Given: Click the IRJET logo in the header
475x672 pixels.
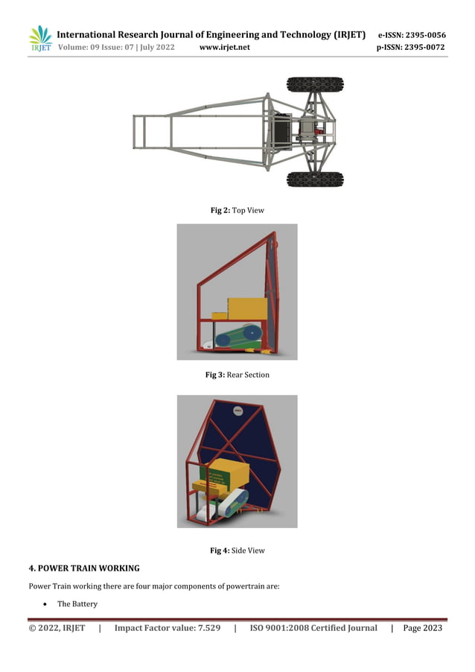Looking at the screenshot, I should pyautogui.click(x=40, y=39).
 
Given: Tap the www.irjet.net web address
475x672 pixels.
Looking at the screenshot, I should pyautogui.click(x=225, y=48).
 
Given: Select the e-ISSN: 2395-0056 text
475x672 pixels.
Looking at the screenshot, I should pyautogui.click(x=412, y=35).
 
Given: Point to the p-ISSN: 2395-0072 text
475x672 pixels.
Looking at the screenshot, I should pyautogui.click(x=412, y=48).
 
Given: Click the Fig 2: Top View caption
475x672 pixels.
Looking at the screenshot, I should pyautogui.click(x=238, y=211).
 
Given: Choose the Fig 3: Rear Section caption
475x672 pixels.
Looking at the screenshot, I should pyautogui.click(x=238, y=375).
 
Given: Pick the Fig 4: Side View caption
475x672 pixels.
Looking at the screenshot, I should pyautogui.click(x=238, y=551).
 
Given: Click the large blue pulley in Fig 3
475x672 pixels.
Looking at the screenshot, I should pyautogui.click(x=252, y=332).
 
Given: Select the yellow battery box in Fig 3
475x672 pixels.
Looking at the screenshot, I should pyautogui.click(x=246, y=308).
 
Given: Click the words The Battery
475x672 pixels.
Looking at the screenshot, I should pyautogui.click(x=77, y=604).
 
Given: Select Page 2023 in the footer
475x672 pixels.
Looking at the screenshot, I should pyautogui.click(x=422, y=628).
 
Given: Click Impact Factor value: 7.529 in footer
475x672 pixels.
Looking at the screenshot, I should pyautogui.click(x=167, y=628).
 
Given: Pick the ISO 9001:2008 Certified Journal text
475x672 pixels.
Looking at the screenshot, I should pyautogui.click(x=313, y=628).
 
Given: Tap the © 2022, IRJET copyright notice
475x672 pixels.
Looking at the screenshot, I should pyautogui.click(x=57, y=628).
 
